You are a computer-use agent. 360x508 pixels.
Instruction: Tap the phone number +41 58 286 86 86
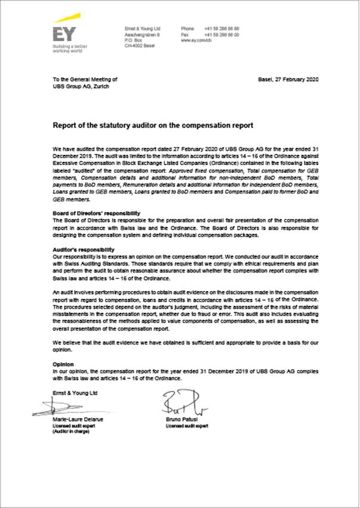tap(221, 28)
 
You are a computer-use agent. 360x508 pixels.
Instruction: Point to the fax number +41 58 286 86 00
tap(221, 34)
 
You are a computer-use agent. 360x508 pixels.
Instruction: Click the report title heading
tap(153, 126)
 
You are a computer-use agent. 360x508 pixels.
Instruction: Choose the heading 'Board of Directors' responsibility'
tap(96, 213)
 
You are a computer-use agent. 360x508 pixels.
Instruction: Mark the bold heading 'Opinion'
tap(63, 364)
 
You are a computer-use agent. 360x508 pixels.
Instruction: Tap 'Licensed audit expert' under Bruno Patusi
tap(187, 426)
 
